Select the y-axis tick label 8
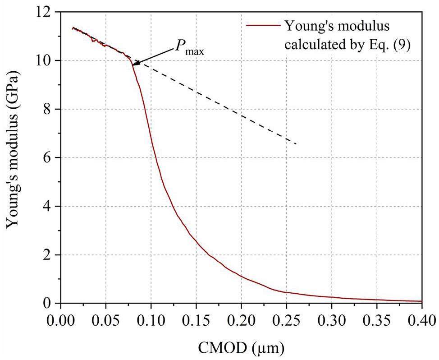coord(50,109)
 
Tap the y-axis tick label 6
coord(50,157)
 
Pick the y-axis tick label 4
coord(50,206)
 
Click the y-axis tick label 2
coord(50,255)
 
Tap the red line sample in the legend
coord(263,26)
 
